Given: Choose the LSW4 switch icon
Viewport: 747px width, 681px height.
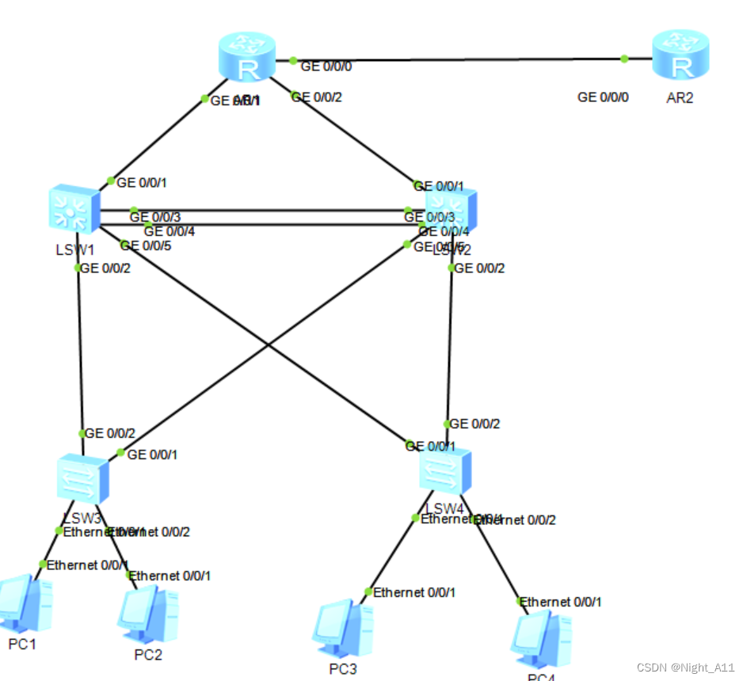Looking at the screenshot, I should pyautogui.click(x=445, y=472).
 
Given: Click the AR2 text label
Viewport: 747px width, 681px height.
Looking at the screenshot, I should pyautogui.click(x=680, y=98).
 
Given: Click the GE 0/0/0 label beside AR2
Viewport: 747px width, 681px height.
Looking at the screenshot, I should pyautogui.click(x=603, y=97).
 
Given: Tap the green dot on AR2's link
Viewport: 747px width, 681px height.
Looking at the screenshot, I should pyautogui.click(x=624, y=59).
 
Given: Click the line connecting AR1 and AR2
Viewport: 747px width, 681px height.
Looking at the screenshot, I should pyautogui.click(x=459, y=59).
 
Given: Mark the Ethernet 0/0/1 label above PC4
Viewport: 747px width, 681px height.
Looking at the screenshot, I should pyautogui.click(x=560, y=602).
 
